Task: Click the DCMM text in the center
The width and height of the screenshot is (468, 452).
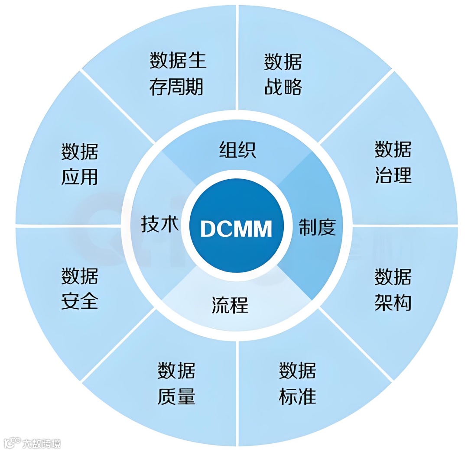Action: [x=236, y=228]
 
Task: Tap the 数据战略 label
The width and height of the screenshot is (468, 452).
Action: [x=283, y=74]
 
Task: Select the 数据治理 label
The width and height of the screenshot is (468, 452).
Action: [x=393, y=162]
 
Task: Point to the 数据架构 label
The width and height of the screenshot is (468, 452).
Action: [x=393, y=290]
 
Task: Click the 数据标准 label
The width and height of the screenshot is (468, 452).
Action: [x=297, y=384]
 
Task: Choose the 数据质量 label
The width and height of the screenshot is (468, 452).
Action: [x=176, y=384]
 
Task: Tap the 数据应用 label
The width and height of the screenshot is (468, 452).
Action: [x=80, y=165]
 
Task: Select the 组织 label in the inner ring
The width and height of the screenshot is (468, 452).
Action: [x=237, y=149]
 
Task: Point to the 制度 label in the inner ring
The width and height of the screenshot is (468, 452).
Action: [x=317, y=227]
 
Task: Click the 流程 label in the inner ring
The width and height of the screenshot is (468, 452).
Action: [x=230, y=305]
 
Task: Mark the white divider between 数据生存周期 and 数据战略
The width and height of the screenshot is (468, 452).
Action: [x=237, y=56]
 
